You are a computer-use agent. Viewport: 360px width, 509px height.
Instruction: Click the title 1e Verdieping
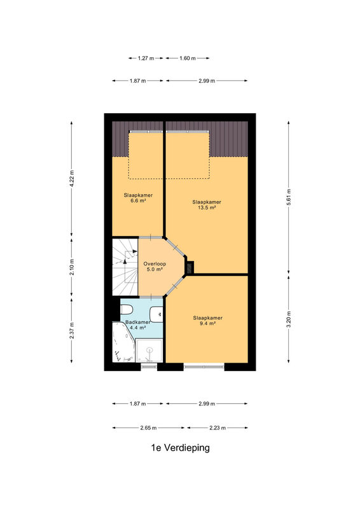point(180,448)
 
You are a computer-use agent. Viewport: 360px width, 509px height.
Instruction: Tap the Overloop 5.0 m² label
point(155,267)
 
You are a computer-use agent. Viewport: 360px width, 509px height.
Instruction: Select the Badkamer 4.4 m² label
point(137,325)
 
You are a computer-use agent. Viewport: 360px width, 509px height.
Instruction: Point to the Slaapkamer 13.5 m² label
point(207,204)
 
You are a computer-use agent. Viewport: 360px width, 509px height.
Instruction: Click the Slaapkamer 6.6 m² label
point(138,198)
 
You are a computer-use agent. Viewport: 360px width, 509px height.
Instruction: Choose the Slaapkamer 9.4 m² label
point(207,321)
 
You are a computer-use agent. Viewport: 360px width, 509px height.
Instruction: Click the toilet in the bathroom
point(126,309)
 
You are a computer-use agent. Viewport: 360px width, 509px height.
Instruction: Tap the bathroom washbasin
point(156,314)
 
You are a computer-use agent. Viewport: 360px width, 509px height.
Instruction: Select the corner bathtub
point(123,342)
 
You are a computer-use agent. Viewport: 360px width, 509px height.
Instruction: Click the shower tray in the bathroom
point(149,351)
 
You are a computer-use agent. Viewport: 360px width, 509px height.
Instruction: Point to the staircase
point(125,267)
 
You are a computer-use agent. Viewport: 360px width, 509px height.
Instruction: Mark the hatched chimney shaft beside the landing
point(190,267)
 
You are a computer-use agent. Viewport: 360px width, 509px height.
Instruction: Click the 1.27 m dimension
point(146,58)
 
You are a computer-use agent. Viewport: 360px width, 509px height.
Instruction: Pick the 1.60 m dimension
point(188,58)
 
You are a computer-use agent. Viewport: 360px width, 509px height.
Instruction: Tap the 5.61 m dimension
point(289,197)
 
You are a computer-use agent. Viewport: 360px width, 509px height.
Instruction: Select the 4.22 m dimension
point(72,179)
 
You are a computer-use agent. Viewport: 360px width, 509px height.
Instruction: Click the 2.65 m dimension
point(148,428)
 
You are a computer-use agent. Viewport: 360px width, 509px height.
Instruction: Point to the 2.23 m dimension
point(218,428)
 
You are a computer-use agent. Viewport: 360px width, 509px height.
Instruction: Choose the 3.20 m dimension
point(289,319)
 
